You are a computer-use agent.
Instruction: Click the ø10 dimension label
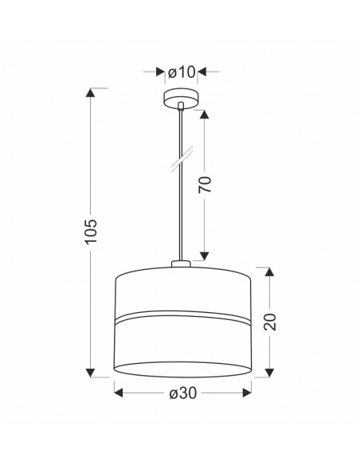[182, 72]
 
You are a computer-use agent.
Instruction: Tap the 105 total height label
[91, 232]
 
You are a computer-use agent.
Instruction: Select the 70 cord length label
[205, 185]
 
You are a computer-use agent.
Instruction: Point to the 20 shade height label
[270, 322]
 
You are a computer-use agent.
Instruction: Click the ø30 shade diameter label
[183, 393]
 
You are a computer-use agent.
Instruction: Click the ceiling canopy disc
[181, 99]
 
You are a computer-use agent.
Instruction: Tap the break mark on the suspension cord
[182, 159]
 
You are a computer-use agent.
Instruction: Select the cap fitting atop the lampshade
[181, 264]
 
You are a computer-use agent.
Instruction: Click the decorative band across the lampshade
[182, 317]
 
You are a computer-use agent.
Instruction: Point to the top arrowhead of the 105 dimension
[90, 92]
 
